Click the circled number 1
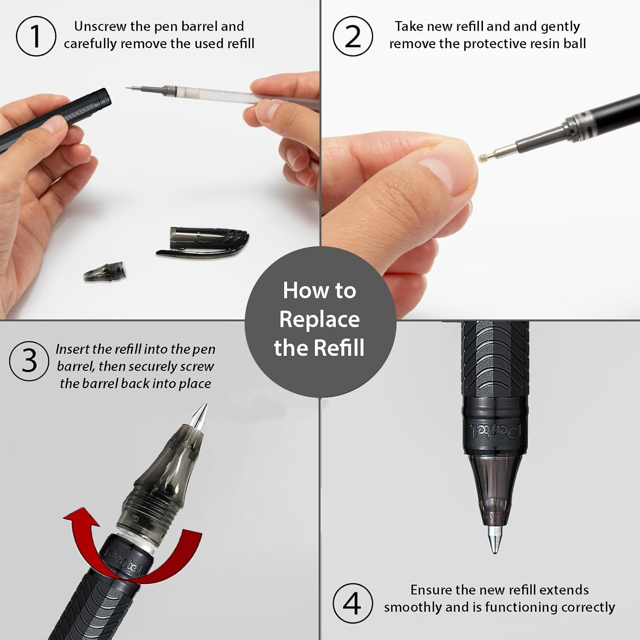click(36, 36)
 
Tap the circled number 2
click(352, 36)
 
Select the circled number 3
click(29, 361)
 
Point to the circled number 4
click(352, 603)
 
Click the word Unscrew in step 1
click(101, 26)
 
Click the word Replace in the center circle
click(320, 320)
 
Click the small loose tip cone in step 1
click(105, 271)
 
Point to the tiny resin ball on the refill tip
click(482, 157)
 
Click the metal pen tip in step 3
click(200, 416)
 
